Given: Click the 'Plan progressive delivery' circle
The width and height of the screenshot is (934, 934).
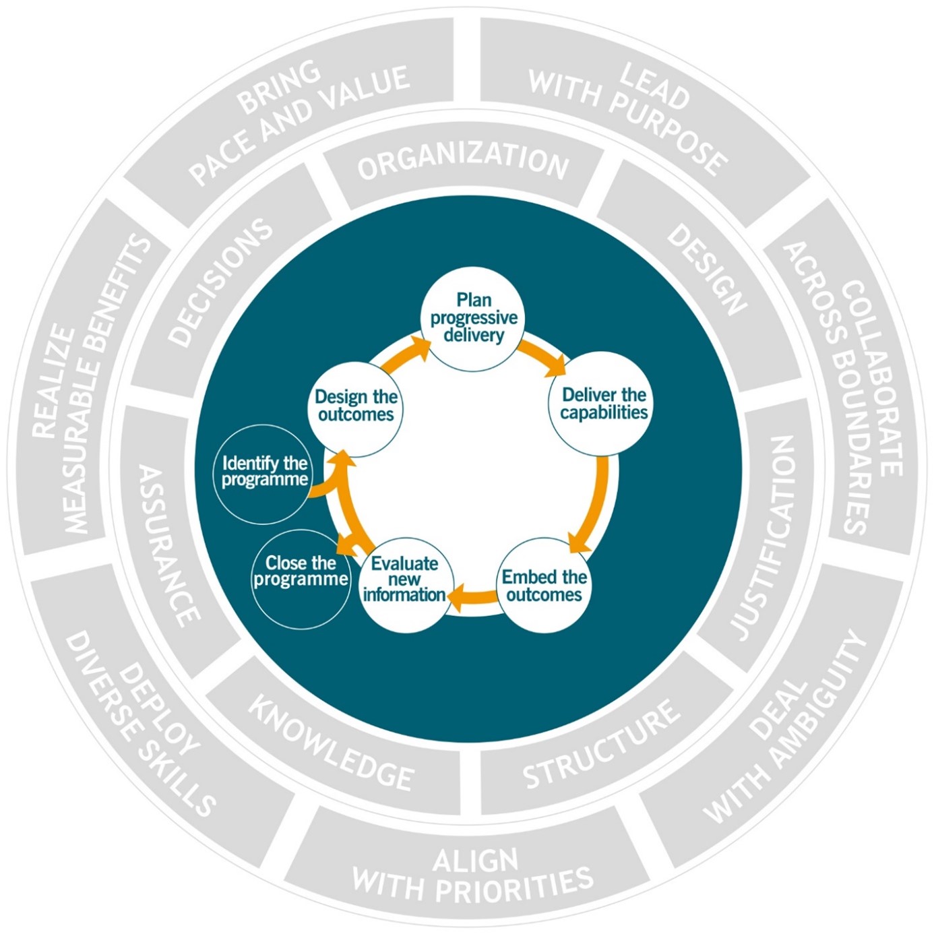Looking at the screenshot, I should (x=473, y=318).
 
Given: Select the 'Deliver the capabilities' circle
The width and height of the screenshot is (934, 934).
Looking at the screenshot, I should (x=603, y=403).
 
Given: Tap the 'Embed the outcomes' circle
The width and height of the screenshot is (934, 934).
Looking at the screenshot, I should (x=544, y=585).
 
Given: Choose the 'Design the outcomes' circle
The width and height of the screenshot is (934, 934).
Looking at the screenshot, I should (x=356, y=406).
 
